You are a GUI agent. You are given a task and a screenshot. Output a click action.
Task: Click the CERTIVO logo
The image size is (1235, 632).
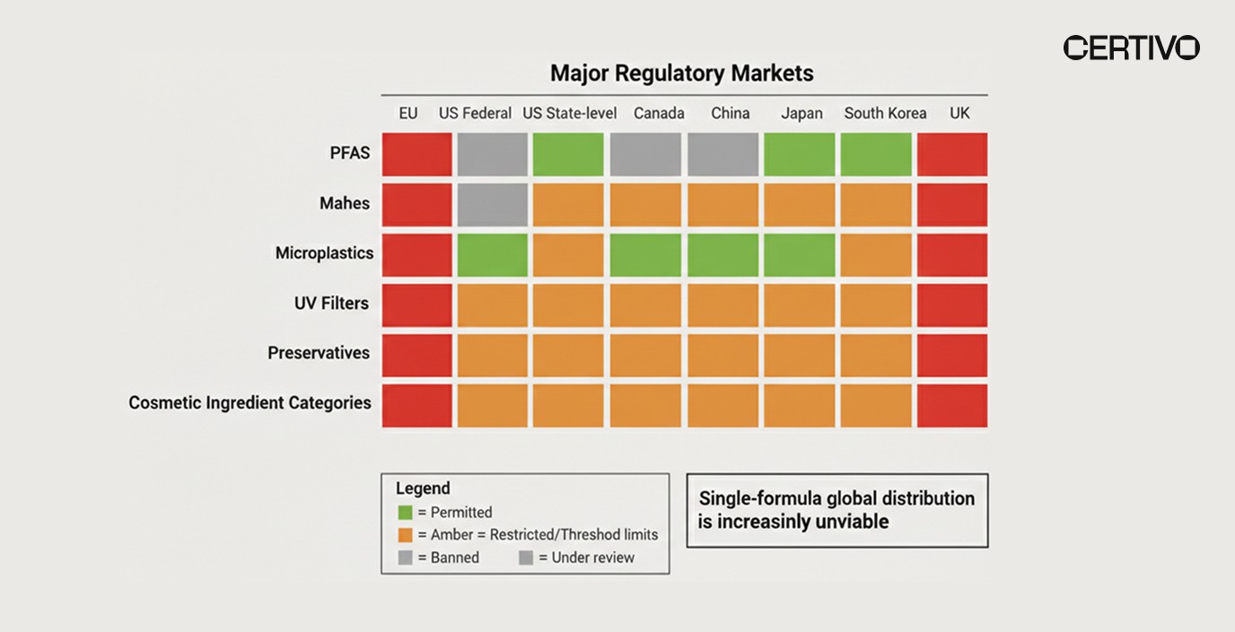pyautogui.click(x=1131, y=48)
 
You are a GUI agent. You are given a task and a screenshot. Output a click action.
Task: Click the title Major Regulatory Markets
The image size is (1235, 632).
pyautogui.click(x=681, y=73)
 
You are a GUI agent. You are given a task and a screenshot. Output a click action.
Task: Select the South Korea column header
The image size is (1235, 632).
pyautogui.click(x=885, y=113)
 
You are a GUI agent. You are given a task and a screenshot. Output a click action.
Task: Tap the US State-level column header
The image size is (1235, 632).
pyautogui.click(x=569, y=113)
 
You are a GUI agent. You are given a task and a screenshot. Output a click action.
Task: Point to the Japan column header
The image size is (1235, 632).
pyautogui.click(x=801, y=113)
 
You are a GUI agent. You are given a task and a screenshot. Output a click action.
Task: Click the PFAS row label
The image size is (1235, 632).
pyautogui.click(x=350, y=153)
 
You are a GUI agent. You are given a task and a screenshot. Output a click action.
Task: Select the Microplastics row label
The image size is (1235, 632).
pyautogui.click(x=324, y=253)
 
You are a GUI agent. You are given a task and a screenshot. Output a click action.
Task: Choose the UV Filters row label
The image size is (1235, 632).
pyautogui.click(x=331, y=303)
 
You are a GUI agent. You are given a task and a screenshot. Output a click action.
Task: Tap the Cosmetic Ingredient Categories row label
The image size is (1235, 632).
pyautogui.click(x=250, y=403)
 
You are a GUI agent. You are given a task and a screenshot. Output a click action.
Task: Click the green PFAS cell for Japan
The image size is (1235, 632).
pyautogui.click(x=800, y=154)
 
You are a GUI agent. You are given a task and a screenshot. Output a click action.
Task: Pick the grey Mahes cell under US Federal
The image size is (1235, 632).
pyautogui.click(x=492, y=205)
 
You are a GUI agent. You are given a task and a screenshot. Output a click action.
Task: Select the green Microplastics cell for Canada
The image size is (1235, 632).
pyautogui.click(x=646, y=255)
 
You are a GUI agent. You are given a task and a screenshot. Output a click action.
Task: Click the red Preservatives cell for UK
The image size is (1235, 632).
pyautogui.click(x=952, y=355)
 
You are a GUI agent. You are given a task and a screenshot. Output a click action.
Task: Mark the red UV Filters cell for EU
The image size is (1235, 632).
pyautogui.click(x=416, y=305)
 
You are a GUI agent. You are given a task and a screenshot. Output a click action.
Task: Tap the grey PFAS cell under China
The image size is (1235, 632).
pyautogui.click(x=723, y=154)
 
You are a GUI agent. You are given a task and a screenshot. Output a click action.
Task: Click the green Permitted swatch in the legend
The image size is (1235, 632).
pyautogui.click(x=406, y=513)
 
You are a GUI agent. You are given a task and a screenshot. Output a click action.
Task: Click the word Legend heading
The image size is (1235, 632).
pyautogui.click(x=423, y=488)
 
